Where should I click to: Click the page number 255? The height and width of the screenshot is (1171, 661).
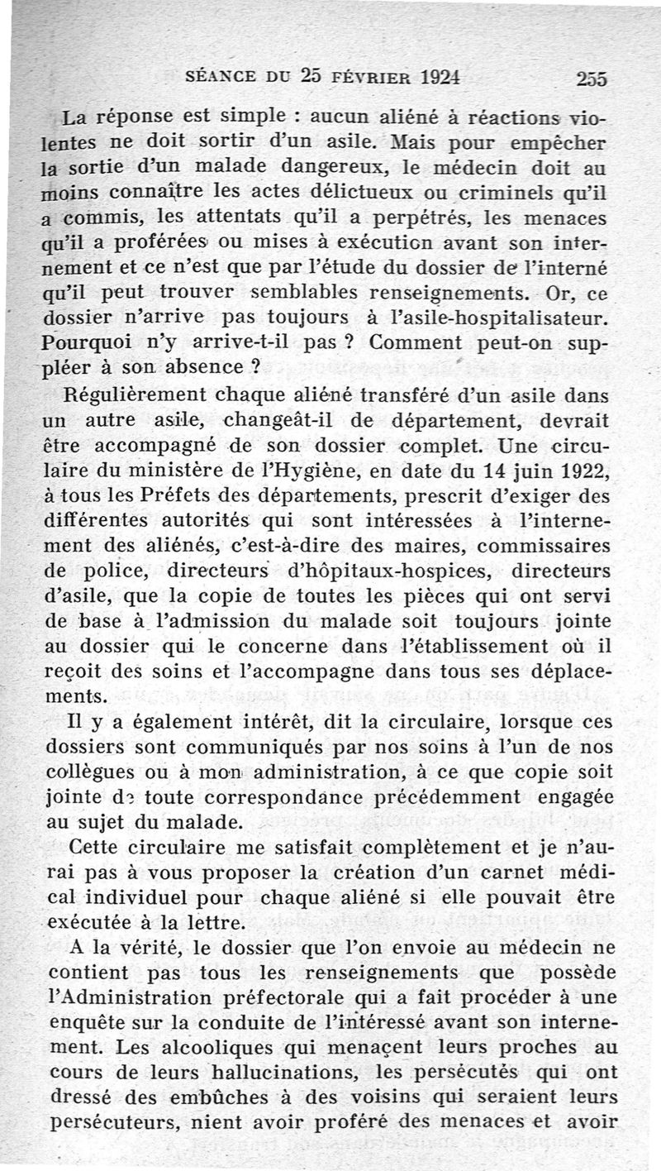tap(592, 79)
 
